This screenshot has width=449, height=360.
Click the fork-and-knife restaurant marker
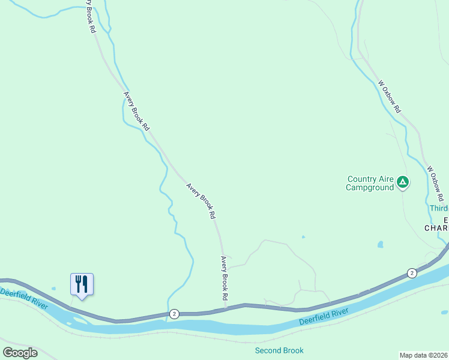click(x=82, y=284)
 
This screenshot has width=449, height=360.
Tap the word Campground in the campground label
click(x=370, y=187)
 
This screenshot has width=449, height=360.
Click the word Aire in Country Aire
click(x=385, y=179)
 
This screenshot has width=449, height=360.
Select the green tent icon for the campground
click(x=403, y=181)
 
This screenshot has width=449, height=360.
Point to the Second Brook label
click(x=279, y=350)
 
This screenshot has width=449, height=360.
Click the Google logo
click(x=20, y=353)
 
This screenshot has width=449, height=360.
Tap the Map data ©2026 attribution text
click(x=423, y=355)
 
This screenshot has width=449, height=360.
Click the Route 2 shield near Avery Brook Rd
click(x=174, y=313)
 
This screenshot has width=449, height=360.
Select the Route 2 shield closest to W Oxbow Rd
click(x=411, y=273)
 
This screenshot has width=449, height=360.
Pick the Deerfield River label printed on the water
click(x=324, y=317)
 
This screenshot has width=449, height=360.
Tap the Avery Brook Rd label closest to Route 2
click(x=224, y=278)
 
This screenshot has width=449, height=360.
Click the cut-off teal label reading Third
click(x=439, y=208)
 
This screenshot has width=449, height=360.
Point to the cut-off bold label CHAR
click(x=436, y=228)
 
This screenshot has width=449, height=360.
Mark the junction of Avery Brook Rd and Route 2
click(x=226, y=308)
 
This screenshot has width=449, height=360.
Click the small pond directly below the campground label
click(x=381, y=245)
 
